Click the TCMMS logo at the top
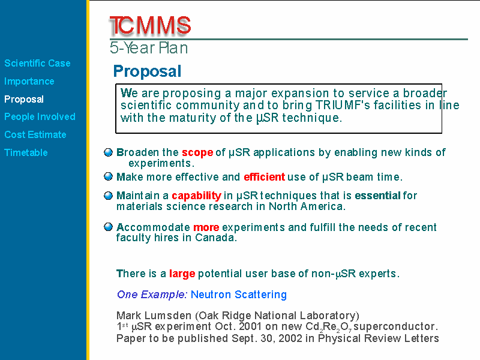coord(150,25)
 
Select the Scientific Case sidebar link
coord(37,63)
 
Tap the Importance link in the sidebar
coord(29,81)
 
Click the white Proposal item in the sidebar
coord(24,99)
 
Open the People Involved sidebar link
coord(40,116)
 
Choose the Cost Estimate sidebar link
coord(35,134)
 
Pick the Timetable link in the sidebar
coord(26,152)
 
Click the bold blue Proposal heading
coord(147,71)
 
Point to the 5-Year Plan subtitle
coord(149,48)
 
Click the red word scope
coord(197,152)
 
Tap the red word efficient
coord(265,177)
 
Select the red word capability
coord(197,196)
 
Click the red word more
coord(206,227)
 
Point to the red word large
coord(182,274)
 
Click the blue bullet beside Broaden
coord(109,152)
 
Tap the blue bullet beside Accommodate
coord(109,227)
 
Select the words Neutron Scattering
coord(239,295)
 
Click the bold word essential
coord(377,196)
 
